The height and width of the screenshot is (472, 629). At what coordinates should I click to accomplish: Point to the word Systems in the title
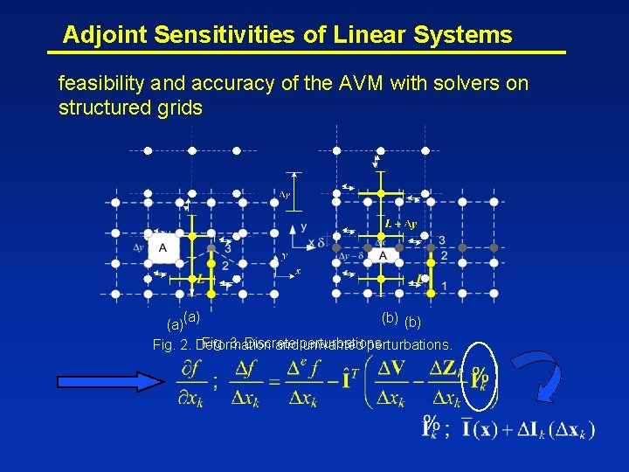[x=471, y=35]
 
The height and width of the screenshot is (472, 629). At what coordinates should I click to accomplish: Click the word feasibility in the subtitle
[x=100, y=84]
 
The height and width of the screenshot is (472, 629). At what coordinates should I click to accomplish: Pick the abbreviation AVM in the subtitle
[x=356, y=84]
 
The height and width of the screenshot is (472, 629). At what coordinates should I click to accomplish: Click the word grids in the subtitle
[x=180, y=108]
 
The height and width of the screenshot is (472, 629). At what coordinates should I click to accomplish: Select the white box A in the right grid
[x=383, y=255]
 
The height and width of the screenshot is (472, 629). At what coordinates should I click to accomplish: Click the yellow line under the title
[x=306, y=53]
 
